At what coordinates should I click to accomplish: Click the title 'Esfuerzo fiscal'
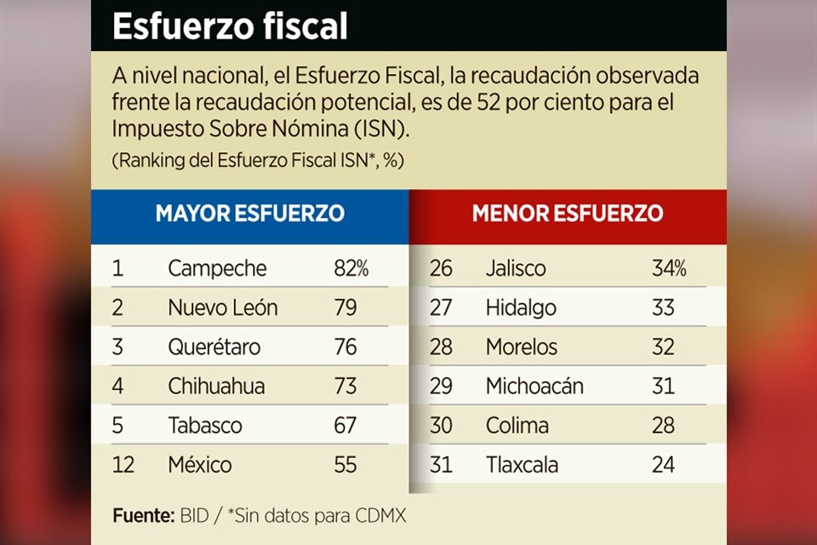point(230,26)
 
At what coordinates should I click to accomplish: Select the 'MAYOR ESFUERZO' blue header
point(249,213)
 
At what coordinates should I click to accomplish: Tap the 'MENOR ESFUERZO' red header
point(568,213)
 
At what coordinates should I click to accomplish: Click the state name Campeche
point(217,269)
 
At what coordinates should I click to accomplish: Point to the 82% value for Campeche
point(351,269)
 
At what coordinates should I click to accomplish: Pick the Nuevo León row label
point(222,308)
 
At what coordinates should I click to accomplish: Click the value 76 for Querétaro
point(345,347)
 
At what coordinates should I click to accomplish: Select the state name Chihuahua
point(216,387)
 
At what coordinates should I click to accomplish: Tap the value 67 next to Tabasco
point(345,426)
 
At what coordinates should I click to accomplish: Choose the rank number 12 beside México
point(123,465)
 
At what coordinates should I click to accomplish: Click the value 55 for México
point(345,465)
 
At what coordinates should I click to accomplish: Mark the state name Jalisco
point(516,269)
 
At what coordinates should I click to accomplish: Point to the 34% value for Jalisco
point(669,269)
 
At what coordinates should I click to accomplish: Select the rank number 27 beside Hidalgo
point(441,308)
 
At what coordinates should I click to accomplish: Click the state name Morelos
point(522,347)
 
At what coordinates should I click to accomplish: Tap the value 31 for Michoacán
point(663,387)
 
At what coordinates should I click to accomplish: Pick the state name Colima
point(517,426)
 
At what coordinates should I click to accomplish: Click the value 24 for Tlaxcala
point(663,465)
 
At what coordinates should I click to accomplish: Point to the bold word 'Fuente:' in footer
point(143,516)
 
